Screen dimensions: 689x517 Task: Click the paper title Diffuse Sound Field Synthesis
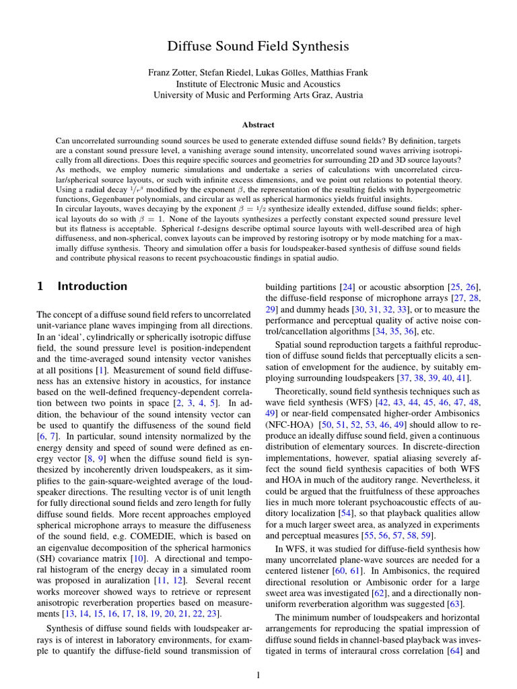258,46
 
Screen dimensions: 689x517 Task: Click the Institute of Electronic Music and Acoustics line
258,84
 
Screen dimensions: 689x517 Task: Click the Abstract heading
258,124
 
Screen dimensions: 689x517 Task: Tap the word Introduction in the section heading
92,286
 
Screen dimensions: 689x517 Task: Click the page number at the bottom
258,675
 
